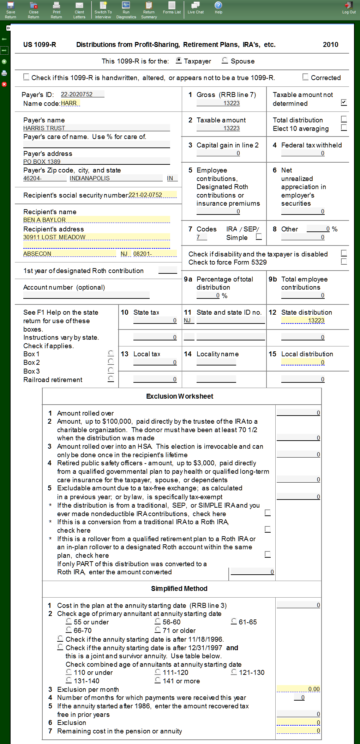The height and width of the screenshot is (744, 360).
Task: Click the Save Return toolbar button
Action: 11,10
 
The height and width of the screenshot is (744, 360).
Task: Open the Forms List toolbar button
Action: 172,7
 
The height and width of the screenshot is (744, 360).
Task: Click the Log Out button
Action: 349,7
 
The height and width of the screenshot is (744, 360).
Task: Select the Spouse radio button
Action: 225,61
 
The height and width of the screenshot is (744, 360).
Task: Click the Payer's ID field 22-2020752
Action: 82,94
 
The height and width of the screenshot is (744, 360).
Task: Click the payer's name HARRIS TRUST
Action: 96,128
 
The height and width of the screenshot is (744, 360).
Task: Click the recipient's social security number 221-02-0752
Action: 152,195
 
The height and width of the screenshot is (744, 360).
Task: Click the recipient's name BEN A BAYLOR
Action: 96,220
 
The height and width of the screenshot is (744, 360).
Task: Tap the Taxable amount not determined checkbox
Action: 344,102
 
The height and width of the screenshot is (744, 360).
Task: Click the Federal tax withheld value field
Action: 303,153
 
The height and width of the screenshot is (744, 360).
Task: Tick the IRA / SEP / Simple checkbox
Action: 259,237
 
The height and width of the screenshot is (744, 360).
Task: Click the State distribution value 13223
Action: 303,320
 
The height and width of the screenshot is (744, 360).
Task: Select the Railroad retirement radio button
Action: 111,379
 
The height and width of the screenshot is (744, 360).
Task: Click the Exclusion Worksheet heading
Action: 180,396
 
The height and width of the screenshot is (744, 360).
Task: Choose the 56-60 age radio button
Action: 158,621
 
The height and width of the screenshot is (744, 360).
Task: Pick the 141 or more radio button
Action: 158,680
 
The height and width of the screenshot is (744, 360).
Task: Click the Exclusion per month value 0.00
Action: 298,689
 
